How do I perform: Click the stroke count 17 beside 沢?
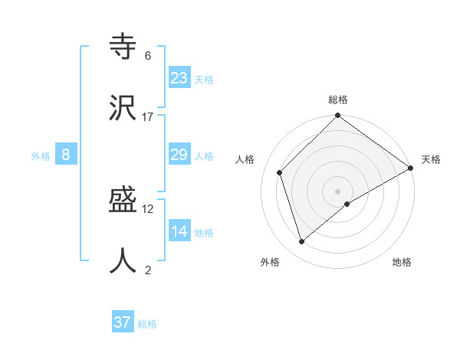coord(148,117)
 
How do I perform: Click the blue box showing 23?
coord(179,77)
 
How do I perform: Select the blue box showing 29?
coord(179,155)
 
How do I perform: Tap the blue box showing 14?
coord(179,231)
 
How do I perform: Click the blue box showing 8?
coord(66,155)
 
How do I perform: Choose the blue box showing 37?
coord(122,322)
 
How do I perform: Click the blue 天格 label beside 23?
coord(204,80)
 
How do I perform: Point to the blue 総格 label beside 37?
coord(147,325)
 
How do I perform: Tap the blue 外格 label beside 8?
coord(41,156)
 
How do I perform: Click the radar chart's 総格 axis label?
coord(338,100)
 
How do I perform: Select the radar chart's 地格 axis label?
coord(402,262)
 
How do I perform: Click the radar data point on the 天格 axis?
coord(411,169)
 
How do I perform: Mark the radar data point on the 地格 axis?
coord(347,204)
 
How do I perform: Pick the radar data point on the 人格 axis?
coord(280,172)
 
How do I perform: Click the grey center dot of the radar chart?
coord(337,191)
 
